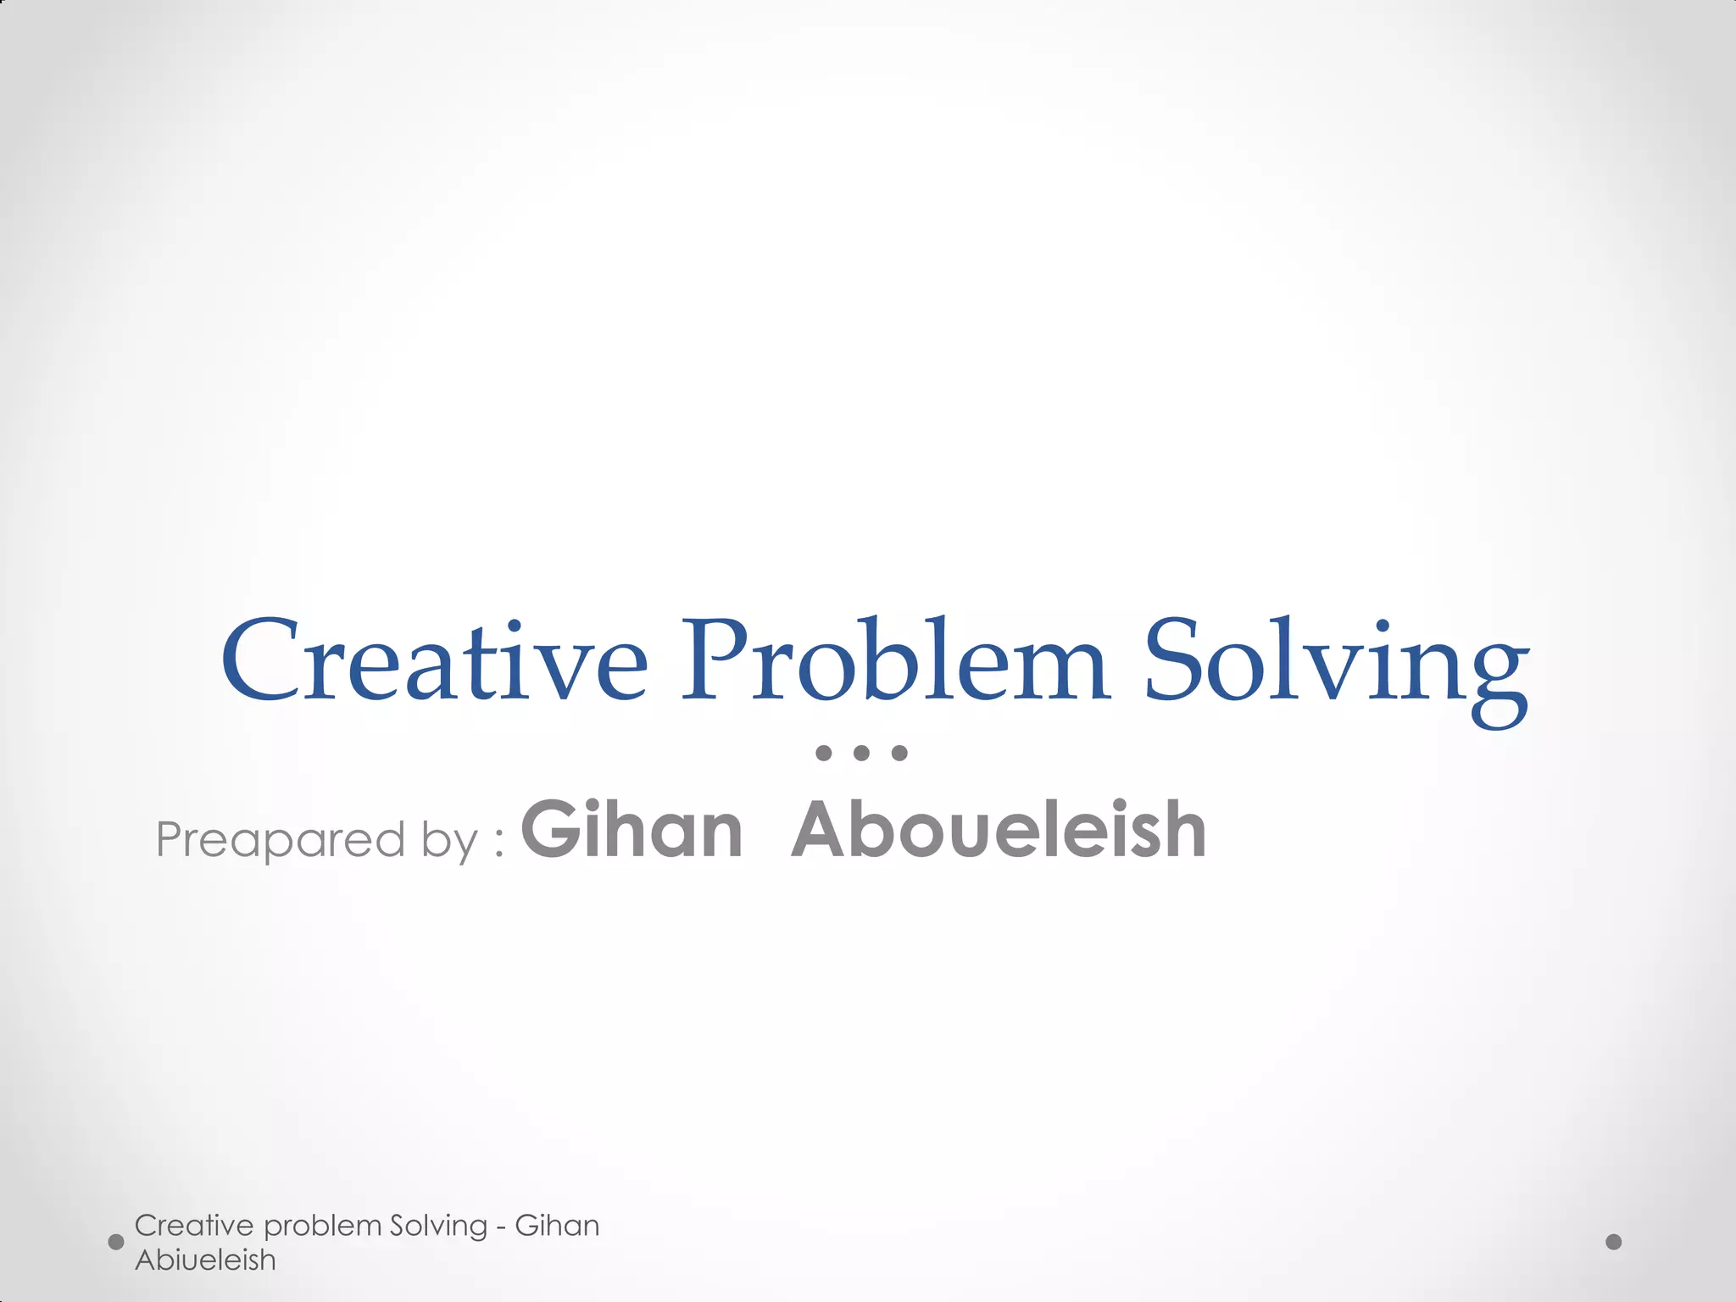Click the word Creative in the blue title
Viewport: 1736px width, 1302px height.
434,661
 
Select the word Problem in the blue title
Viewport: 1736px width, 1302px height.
896,661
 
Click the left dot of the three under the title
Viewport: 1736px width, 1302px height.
823,753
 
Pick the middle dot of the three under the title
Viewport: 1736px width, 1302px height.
862,753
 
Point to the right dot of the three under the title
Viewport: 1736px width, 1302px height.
900,753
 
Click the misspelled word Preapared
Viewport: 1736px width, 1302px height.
281,840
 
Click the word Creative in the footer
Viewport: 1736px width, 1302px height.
194,1226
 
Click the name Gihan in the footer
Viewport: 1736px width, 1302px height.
557,1226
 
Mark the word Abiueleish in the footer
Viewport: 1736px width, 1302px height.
205,1260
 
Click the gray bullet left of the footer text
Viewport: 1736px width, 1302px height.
117,1243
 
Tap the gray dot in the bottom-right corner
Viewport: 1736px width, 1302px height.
1614,1242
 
